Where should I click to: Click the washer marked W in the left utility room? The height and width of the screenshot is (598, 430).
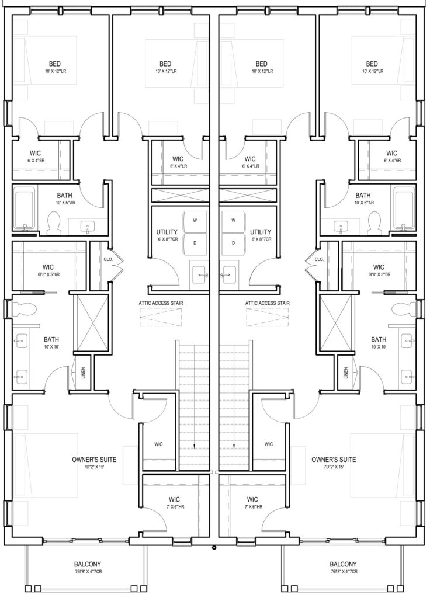tap(195, 220)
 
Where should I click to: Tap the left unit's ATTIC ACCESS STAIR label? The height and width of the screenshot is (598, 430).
tap(161, 303)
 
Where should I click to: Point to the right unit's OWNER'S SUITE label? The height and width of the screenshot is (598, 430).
tap(334, 460)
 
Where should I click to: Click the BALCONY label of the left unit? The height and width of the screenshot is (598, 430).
tap(88, 564)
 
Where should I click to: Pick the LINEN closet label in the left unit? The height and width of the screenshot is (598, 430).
tap(83, 373)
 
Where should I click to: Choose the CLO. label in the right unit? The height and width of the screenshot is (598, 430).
tap(320, 259)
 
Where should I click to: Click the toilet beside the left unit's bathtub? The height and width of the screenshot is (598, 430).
tap(54, 223)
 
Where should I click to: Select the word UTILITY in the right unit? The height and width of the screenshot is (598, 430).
tap(261, 232)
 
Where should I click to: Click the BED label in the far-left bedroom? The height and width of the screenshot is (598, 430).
tap(54, 64)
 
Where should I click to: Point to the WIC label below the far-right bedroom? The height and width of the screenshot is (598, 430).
tap(391, 154)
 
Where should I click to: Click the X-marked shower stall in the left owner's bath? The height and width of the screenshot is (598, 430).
tap(91, 322)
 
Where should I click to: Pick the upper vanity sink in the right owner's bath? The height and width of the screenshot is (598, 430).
tap(408, 339)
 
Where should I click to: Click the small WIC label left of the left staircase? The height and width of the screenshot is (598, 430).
tap(158, 444)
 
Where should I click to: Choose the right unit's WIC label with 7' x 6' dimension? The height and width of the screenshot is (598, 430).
tap(252, 499)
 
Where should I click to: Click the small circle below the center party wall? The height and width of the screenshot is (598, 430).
tap(214, 548)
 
